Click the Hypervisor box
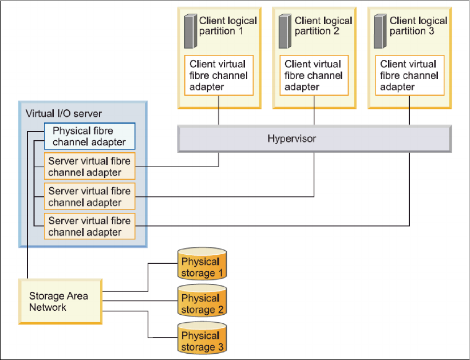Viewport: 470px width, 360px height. [314, 139]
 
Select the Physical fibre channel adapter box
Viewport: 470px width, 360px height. [90, 136]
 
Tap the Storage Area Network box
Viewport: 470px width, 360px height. [60, 302]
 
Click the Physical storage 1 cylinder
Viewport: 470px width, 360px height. [202, 264]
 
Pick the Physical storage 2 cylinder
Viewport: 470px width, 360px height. [202, 300]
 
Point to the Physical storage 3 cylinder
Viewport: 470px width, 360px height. [202, 338]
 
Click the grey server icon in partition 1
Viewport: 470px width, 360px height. [191, 31]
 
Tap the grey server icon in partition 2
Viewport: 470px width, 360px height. [285, 31]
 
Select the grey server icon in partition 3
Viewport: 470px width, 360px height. [380, 31]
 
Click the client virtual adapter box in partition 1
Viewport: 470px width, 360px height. [219, 75]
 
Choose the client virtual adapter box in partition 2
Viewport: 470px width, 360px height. [314, 75]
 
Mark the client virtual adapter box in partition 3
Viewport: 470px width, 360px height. [410, 75]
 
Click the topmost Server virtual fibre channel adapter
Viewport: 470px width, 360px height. [90, 166]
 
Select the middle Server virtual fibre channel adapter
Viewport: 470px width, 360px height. [90, 196]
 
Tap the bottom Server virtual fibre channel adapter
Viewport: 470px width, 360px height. [90, 226]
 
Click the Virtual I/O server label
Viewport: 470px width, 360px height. [64, 113]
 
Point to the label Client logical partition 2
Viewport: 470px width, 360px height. [323, 26]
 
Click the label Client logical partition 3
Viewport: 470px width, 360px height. [418, 26]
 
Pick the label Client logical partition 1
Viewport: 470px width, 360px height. [228, 26]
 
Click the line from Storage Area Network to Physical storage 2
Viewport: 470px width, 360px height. [140, 300]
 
